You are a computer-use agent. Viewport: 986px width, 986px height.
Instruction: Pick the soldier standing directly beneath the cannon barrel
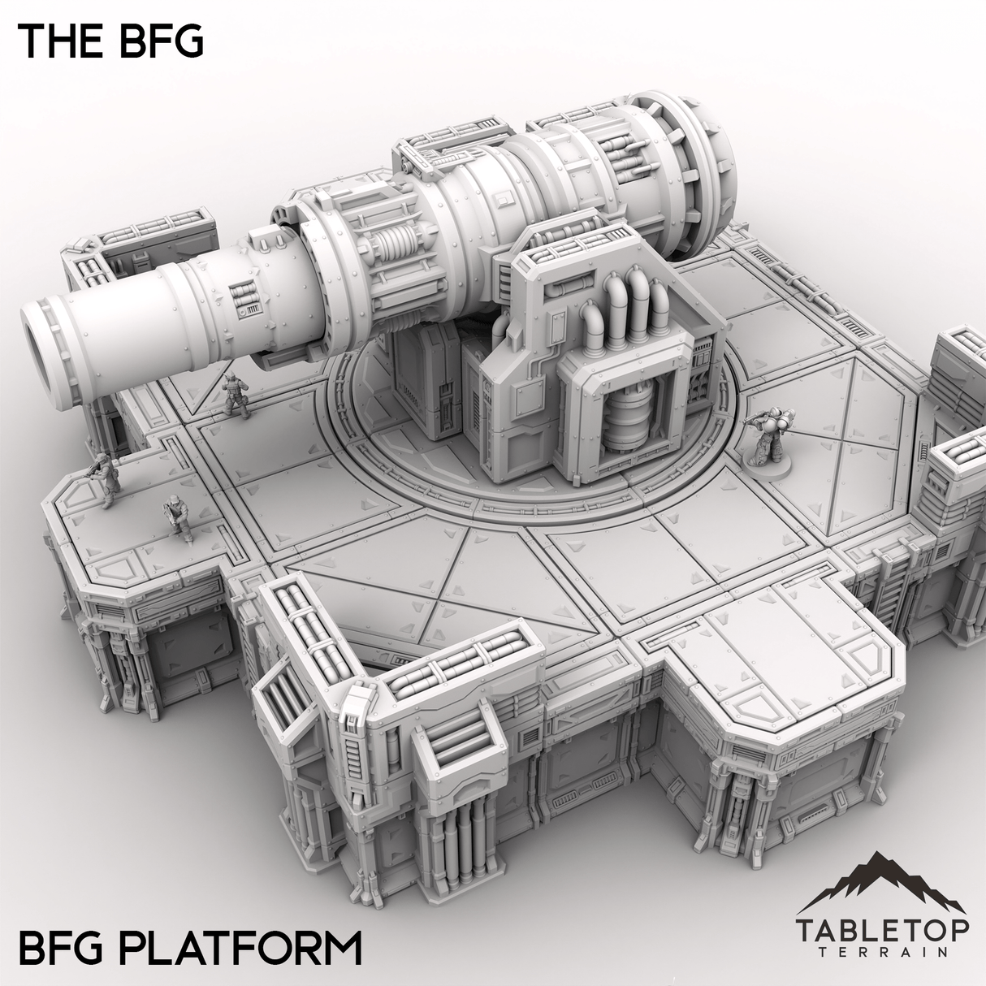coord(233,395)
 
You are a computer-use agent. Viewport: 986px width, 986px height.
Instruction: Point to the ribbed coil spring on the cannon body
coord(393,266)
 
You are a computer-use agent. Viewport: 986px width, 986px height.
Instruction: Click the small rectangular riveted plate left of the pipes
coord(557,330)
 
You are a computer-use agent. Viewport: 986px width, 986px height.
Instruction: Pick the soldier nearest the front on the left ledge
coord(175,517)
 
